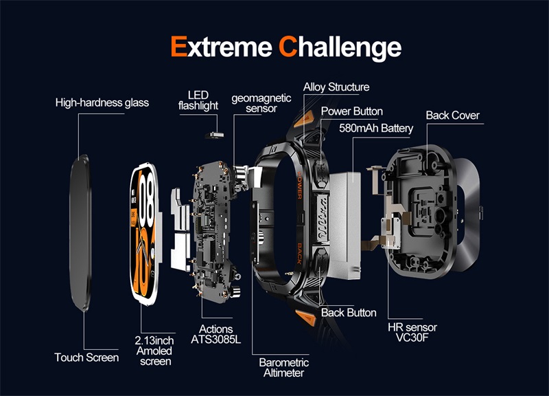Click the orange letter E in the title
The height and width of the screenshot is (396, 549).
pyautogui.click(x=179, y=46)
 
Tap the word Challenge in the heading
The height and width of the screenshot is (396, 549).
pyautogui.click(x=340, y=48)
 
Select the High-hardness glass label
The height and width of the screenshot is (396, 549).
pyautogui.click(x=102, y=102)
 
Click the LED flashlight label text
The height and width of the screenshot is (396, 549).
pyautogui.click(x=198, y=100)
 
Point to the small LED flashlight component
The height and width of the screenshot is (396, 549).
pyautogui.click(x=214, y=135)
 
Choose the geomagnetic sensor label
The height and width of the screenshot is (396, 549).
pyautogui.click(x=261, y=103)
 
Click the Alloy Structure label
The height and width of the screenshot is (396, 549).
pyautogui.click(x=336, y=87)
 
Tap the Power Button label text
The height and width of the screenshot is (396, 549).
pyautogui.click(x=352, y=111)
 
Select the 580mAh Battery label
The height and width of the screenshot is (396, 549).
pyautogui.click(x=376, y=128)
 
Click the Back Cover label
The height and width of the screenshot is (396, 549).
pyautogui.click(x=452, y=115)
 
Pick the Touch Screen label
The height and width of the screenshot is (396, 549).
pyautogui.click(x=86, y=357)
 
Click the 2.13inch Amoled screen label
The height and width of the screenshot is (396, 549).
pyautogui.click(x=154, y=351)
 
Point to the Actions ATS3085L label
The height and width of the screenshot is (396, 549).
pyautogui.click(x=215, y=334)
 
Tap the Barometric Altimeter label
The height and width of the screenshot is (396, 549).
pyautogui.click(x=284, y=367)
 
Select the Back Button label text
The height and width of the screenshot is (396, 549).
pyautogui.click(x=349, y=313)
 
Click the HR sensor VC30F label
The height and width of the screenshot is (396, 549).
pyautogui.click(x=412, y=333)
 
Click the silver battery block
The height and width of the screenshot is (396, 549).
pyautogui.click(x=344, y=225)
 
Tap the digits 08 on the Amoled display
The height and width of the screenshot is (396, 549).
pyautogui.click(x=147, y=197)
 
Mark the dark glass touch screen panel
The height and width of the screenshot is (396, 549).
pyautogui.click(x=81, y=233)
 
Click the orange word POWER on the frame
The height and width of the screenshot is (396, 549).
pyautogui.click(x=300, y=185)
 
